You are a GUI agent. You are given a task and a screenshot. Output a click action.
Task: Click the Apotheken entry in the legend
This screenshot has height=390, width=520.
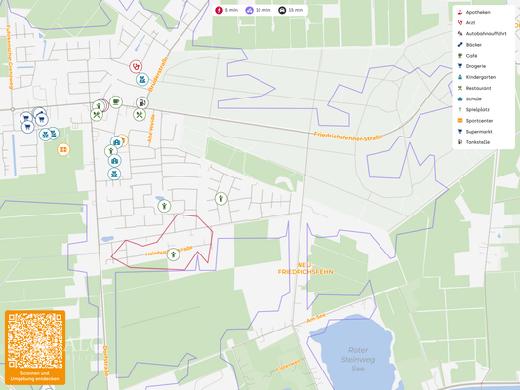[x=478, y=12]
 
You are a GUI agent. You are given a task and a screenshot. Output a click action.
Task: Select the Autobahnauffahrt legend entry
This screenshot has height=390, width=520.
[x=485, y=33]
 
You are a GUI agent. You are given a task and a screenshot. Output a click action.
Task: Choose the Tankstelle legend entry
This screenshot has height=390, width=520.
[x=478, y=141]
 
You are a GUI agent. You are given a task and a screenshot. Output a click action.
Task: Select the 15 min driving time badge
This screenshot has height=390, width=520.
[x=290, y=10]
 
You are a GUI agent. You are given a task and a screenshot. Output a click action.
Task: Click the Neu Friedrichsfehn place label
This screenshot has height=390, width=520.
[x=306, y=268]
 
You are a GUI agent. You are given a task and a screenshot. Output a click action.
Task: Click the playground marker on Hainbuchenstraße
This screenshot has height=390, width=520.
[x=173, y=253]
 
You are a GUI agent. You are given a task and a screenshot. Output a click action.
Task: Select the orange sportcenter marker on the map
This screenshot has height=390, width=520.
[x=63, y=149]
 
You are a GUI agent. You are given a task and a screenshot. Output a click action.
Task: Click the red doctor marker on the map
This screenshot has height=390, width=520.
[x=136, y=67]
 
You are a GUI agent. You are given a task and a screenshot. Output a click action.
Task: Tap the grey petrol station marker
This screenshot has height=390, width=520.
[x=142, y=102]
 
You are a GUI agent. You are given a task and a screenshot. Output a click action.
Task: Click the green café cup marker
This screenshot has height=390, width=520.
[x=116, y=100]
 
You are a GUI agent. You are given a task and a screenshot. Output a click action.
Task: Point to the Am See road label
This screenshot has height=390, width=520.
[x=314, y=318]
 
